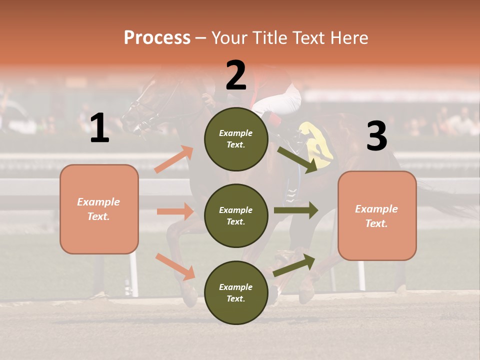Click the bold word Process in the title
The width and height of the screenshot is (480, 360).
(x=157, y=37)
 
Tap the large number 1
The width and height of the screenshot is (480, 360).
(x=99, y=128)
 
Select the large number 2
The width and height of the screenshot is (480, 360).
(x=236, y=76)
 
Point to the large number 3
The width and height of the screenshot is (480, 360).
(x=376, y=136)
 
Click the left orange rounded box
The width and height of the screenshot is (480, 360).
(x=99, y=209)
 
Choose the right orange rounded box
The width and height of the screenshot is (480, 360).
(x=377, y=215)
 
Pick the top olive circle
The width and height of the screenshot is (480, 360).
(x=236, y=139)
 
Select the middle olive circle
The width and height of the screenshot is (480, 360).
(x=236, y=215)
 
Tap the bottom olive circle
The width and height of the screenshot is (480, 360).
(x=236, y=292)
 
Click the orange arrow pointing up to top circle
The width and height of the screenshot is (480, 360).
(x=174, y=159)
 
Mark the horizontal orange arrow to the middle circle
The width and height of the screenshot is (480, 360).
(x=175, y=211)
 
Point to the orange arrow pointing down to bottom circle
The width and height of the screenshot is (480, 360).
(x=175, y=266)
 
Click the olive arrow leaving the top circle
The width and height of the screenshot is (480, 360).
(x=298, y=159)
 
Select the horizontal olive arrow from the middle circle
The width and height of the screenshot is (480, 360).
(x=296, y=210)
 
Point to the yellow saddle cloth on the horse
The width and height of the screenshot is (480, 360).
(x=318, y=145)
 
